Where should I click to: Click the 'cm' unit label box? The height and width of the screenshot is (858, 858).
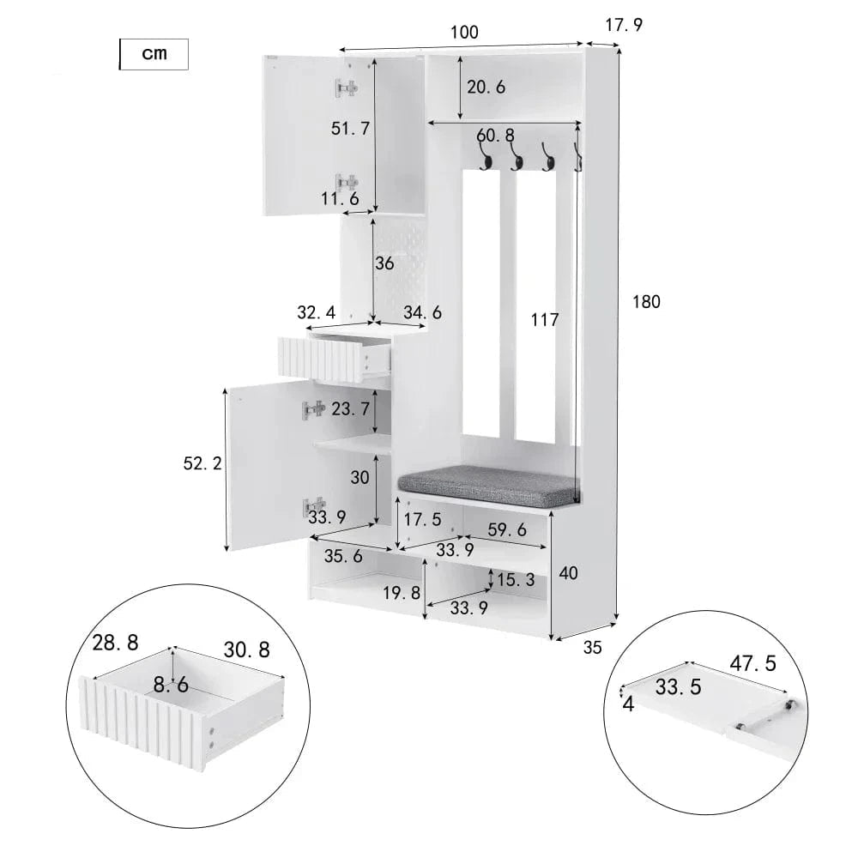click(x=154, y=54)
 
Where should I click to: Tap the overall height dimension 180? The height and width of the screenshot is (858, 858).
click(x=646, y=302)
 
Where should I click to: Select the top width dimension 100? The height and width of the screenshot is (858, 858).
click(x=464, y=33)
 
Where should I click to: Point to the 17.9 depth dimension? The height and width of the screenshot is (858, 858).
click(x=624, y=25)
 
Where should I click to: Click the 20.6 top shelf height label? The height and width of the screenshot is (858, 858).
click(x=486, y=87)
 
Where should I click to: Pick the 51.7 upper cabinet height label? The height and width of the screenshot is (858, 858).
click(x=350, y=129)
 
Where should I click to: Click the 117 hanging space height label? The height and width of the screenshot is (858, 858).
click(x=545, y=319)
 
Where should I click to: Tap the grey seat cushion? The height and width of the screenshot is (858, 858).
click(x=489, y=485)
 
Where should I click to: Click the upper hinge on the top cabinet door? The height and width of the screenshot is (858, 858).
click(x=347, y=88)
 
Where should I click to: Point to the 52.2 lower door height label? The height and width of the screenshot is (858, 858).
click(x=202, y=463)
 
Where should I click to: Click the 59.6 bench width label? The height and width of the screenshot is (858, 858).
click(x=507, y=529)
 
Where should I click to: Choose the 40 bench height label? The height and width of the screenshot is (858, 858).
click(x=568, y=573)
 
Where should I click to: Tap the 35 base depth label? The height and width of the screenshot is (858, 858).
click(x=592, y=648)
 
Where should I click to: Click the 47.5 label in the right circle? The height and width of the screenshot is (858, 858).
click(x=753, y=663)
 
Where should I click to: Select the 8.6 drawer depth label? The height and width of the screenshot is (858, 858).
click(x=171, y=685)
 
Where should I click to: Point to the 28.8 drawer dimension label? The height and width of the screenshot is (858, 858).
click(x=115, y=643)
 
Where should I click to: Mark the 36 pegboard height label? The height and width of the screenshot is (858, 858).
click(x=384, y=263)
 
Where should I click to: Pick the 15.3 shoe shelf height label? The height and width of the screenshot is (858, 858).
click(x=516, y=580)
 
